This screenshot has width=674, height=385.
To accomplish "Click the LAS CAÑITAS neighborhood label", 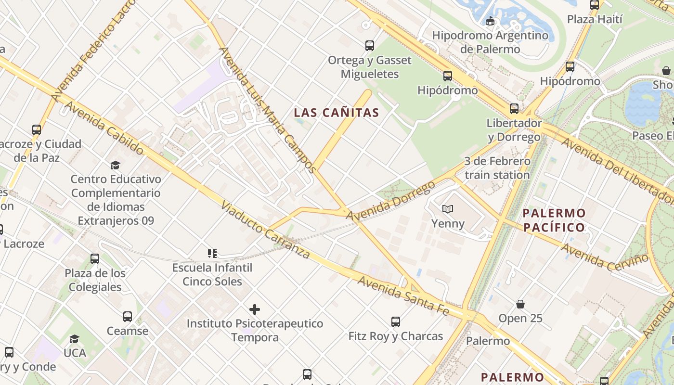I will pos(337,113).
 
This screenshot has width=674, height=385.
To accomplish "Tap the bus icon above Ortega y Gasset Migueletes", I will pos(370,46).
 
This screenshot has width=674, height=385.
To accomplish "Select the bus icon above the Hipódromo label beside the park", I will pos(448,76).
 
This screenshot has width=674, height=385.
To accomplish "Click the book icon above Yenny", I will pos(448,209).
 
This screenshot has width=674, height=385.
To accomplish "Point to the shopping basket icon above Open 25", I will pos(520,304).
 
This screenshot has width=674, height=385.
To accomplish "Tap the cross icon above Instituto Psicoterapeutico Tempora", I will pos(255,309).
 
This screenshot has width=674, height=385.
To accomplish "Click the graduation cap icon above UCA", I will pos(74,339).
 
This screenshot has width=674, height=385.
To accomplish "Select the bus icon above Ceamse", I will pos(128,317).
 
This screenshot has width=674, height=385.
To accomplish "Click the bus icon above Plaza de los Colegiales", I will pos(95,259).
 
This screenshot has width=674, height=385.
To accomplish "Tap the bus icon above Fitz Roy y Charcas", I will pos(396,321).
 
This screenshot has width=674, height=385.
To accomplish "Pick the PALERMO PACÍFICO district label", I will pos(554,220).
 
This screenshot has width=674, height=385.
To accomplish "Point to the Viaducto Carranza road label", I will pos(265,230).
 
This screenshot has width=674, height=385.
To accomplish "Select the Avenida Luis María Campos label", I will pos(267,110).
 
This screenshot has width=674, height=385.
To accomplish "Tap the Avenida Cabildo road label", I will pos(103,128).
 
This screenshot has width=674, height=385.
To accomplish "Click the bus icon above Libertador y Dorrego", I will pos(514,109).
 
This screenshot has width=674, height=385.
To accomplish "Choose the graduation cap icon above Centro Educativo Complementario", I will pos(115,166).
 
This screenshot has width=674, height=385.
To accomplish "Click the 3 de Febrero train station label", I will pos(497,168).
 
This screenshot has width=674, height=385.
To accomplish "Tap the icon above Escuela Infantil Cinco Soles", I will pos(212,253).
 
